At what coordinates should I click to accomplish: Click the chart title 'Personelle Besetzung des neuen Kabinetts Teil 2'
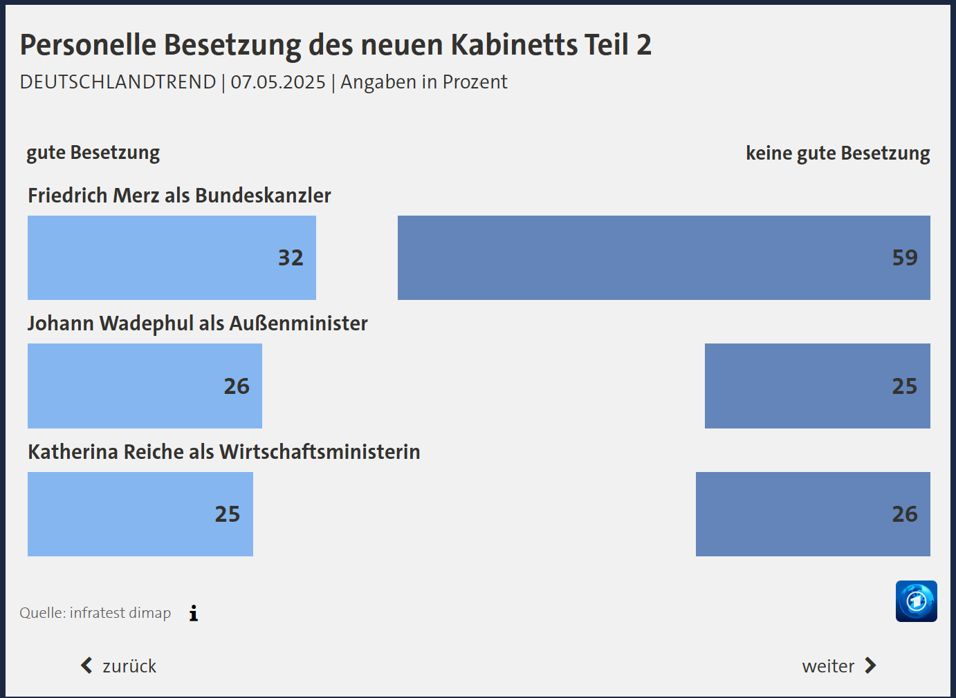click(335, 45)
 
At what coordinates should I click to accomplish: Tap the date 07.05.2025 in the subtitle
click(278, 82)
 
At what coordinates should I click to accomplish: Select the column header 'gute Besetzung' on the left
click(93, 153)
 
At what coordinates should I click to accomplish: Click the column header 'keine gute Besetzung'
click(838, 153)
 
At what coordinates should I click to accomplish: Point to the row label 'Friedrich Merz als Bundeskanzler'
click(179, 196)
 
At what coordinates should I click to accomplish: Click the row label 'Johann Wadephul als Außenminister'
click(198, 323)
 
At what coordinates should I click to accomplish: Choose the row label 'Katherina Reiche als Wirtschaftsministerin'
click(224, 452)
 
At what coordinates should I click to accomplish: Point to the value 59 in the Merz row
click(905, 258)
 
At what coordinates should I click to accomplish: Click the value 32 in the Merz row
click(291, 258)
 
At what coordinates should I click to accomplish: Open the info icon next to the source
click(194, 613)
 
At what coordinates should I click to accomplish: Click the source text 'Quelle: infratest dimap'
click(95, 613)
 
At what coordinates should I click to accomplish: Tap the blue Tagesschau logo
click(916, 601)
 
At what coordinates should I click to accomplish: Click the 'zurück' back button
click(119, 666)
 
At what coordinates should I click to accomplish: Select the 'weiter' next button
click(839, 666)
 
